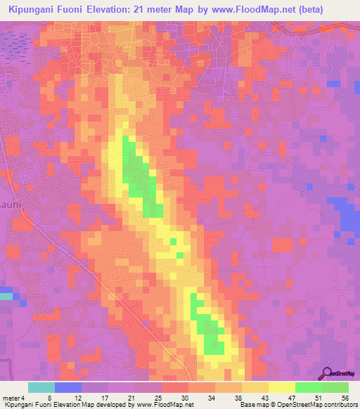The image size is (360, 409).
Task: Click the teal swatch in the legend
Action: (x=41, y=387)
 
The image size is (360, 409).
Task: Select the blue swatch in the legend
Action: (x=68, y=387)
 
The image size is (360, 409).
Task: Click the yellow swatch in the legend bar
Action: (x=281, y=387)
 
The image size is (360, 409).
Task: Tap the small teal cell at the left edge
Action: (x=6, y=296)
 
